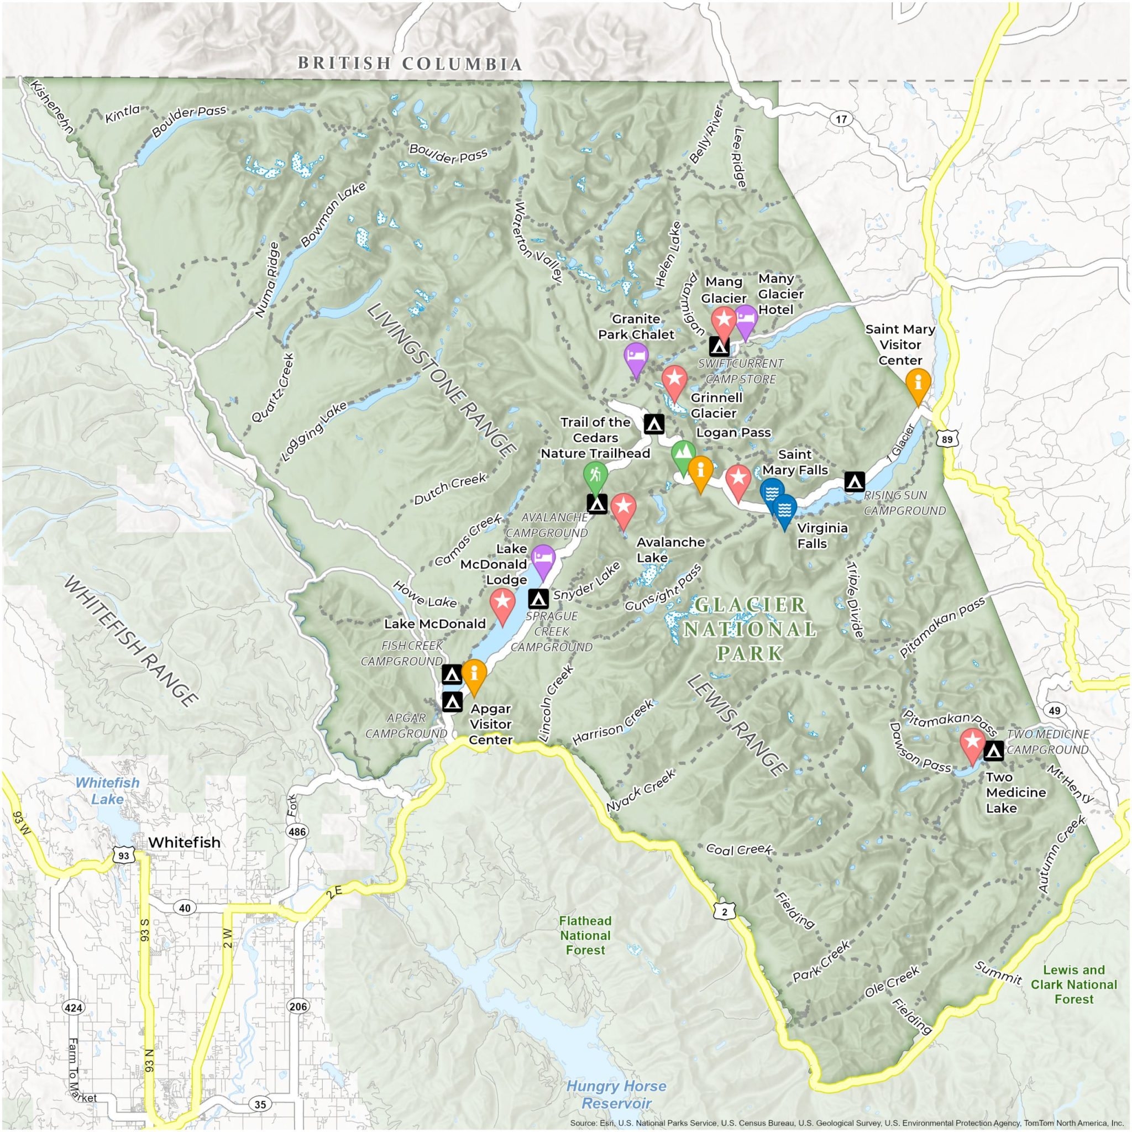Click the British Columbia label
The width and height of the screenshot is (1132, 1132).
coord(410,63)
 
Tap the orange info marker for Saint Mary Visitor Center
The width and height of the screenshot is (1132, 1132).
coord(918,382)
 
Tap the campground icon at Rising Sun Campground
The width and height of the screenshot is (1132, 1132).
coord(853,481)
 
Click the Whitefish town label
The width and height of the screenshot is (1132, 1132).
coord(184,842)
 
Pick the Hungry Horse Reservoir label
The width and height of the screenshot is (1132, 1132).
coord(616,1094)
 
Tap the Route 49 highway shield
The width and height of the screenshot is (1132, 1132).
coord(1055,711)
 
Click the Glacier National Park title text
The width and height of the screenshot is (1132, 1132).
coord(750,628)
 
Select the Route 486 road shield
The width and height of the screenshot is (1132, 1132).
coord(296,831)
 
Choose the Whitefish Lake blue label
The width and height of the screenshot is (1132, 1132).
coord(107,790)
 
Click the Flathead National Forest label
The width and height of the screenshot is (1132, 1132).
coord(585,936)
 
